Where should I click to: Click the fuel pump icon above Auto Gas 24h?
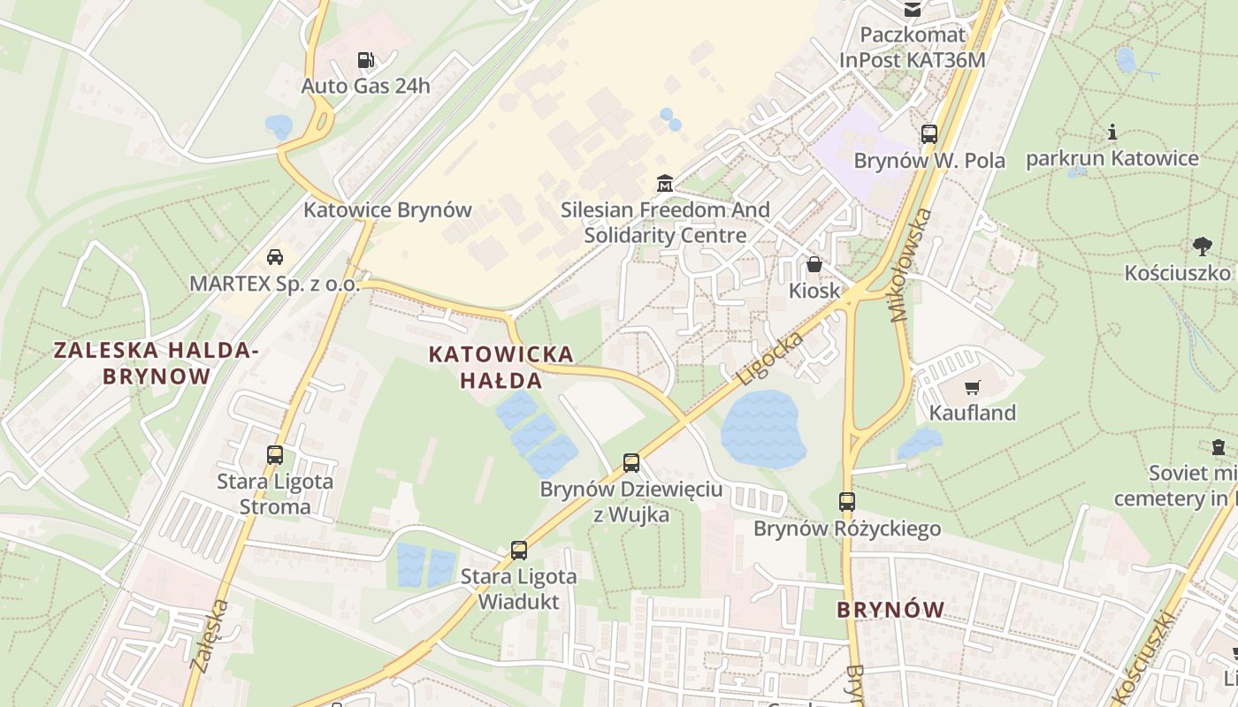coord(365,60)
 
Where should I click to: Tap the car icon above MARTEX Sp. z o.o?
coord(275,257)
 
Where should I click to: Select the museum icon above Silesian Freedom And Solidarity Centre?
coord(665,184)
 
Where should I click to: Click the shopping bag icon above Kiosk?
coord(814,264)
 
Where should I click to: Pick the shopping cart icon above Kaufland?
coord(973,386)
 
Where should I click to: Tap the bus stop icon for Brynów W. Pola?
coord(929,134)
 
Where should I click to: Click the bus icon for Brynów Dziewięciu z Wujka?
coord(631,462)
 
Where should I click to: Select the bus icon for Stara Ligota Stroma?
coord(275,455)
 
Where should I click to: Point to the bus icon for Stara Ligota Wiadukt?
coord(519,550)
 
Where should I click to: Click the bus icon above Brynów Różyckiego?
coord(847,501)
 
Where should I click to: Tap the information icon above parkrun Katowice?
coord(1112,133)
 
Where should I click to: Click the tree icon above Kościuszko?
coord(1202,246)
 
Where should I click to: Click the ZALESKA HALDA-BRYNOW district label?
coord(157,362)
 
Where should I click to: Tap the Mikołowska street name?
coord(913,264)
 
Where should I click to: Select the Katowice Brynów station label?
coord(387,210)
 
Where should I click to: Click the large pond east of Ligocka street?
coord(762,430)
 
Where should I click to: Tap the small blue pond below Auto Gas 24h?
coord(279,125)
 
